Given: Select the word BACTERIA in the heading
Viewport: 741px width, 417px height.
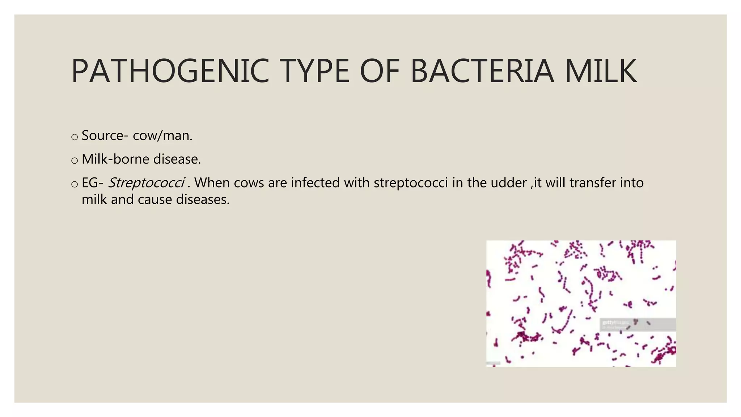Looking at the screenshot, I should (482, 71).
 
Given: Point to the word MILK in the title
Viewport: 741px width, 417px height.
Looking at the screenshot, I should (601, 71).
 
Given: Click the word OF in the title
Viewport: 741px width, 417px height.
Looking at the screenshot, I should (380, 71).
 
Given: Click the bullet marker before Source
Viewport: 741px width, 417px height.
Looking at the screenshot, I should (75, 137).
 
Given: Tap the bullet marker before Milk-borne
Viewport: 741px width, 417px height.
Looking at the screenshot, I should (75, 160).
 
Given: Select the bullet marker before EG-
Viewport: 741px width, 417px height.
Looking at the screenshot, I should (75, 184).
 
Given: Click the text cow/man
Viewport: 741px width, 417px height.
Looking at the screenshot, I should (162, 136).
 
